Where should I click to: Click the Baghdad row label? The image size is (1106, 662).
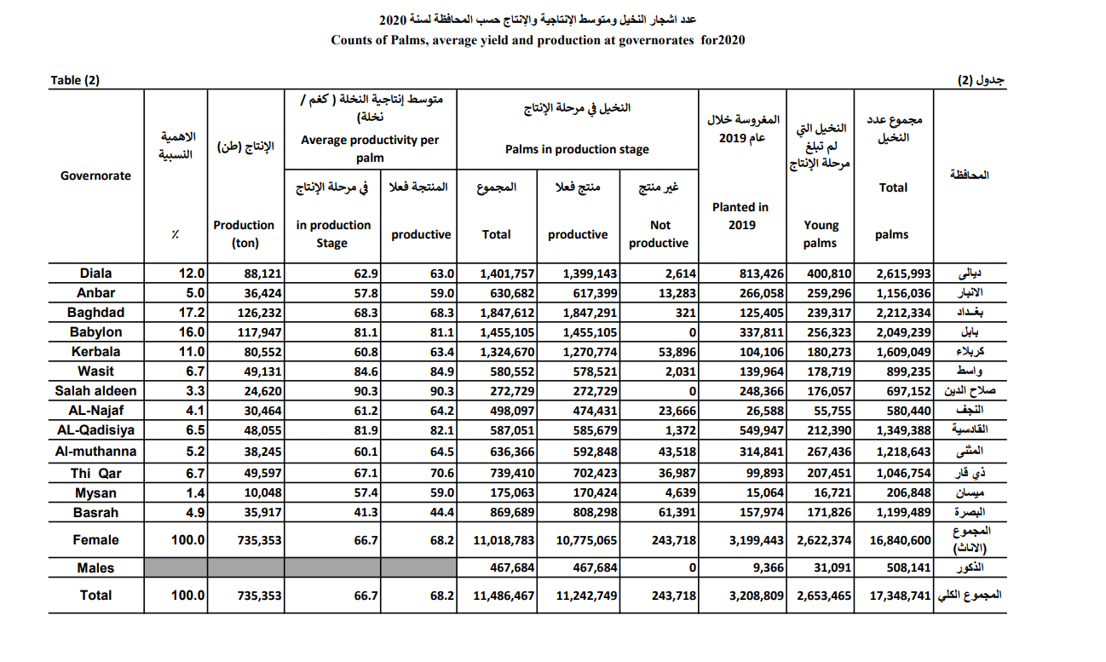[x=95, y=313]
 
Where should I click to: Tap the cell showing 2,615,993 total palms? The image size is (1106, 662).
[x=903, y=273]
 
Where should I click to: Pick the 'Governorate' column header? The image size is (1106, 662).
[x=95, y=176]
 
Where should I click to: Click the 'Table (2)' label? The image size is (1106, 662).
[x=75, y=80]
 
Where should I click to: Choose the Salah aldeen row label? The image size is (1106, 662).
[x=95, y=391]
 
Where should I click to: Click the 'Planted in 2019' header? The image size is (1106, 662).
[x=740, y=216]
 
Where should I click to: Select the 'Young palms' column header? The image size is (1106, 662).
[x=821, y=234]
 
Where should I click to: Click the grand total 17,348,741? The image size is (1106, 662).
[x=900, y=596]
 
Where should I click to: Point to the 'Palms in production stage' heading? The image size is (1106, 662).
[x=577, y=149]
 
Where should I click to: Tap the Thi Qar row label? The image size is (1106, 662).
[x=95, y=474]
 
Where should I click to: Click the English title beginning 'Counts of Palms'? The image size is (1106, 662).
[x=538, y=40]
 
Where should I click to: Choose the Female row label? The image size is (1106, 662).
[x=95, y=539]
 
